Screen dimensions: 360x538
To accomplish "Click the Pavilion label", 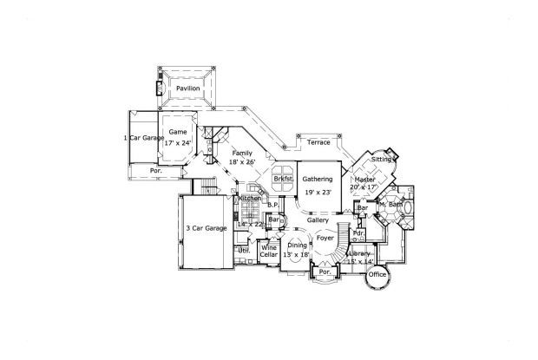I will pos(187,88).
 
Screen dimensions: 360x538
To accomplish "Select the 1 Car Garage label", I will pos(143,137).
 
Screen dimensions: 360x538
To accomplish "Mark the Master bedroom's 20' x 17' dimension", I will pos(364,187).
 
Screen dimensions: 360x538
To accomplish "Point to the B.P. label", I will pos(271,206).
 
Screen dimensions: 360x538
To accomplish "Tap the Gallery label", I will pos(317,220).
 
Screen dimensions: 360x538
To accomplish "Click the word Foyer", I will pos(325,237).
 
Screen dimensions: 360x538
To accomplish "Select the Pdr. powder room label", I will pos(358,232).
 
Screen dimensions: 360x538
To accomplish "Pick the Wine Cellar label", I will pos(269,251).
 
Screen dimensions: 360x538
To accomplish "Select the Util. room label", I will pos(244,250).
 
